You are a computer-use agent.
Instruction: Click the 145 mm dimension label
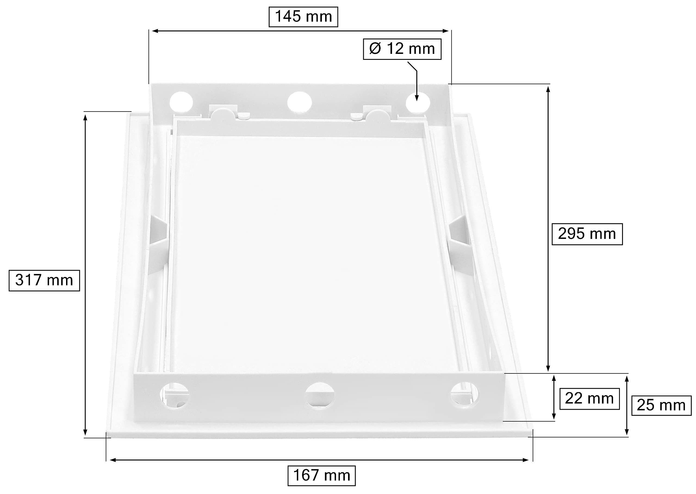click(x=303, y=17)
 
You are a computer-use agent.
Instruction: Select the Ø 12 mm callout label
click(x=402, y=49)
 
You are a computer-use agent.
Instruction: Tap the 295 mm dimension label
click(x=587, y=234)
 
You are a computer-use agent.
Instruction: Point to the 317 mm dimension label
click(x=44, y=280)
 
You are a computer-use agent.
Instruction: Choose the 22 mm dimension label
click(x=589, y=399)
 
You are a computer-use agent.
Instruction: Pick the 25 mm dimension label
click(x=661, y=405)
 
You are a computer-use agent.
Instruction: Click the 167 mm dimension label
click(x=321, y=476)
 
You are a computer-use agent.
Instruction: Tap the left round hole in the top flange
click(x=181, y=102)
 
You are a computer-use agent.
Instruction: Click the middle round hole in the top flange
click(x=299, y=102)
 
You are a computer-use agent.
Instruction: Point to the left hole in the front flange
click(x=175, y=395)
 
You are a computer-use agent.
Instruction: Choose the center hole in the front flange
click(x=319, y=395)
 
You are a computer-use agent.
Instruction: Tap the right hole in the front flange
click(x=464, y=394)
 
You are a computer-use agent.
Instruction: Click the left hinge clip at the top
click(x=224, y=113)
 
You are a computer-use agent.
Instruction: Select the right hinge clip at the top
click(x=377, y=113)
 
